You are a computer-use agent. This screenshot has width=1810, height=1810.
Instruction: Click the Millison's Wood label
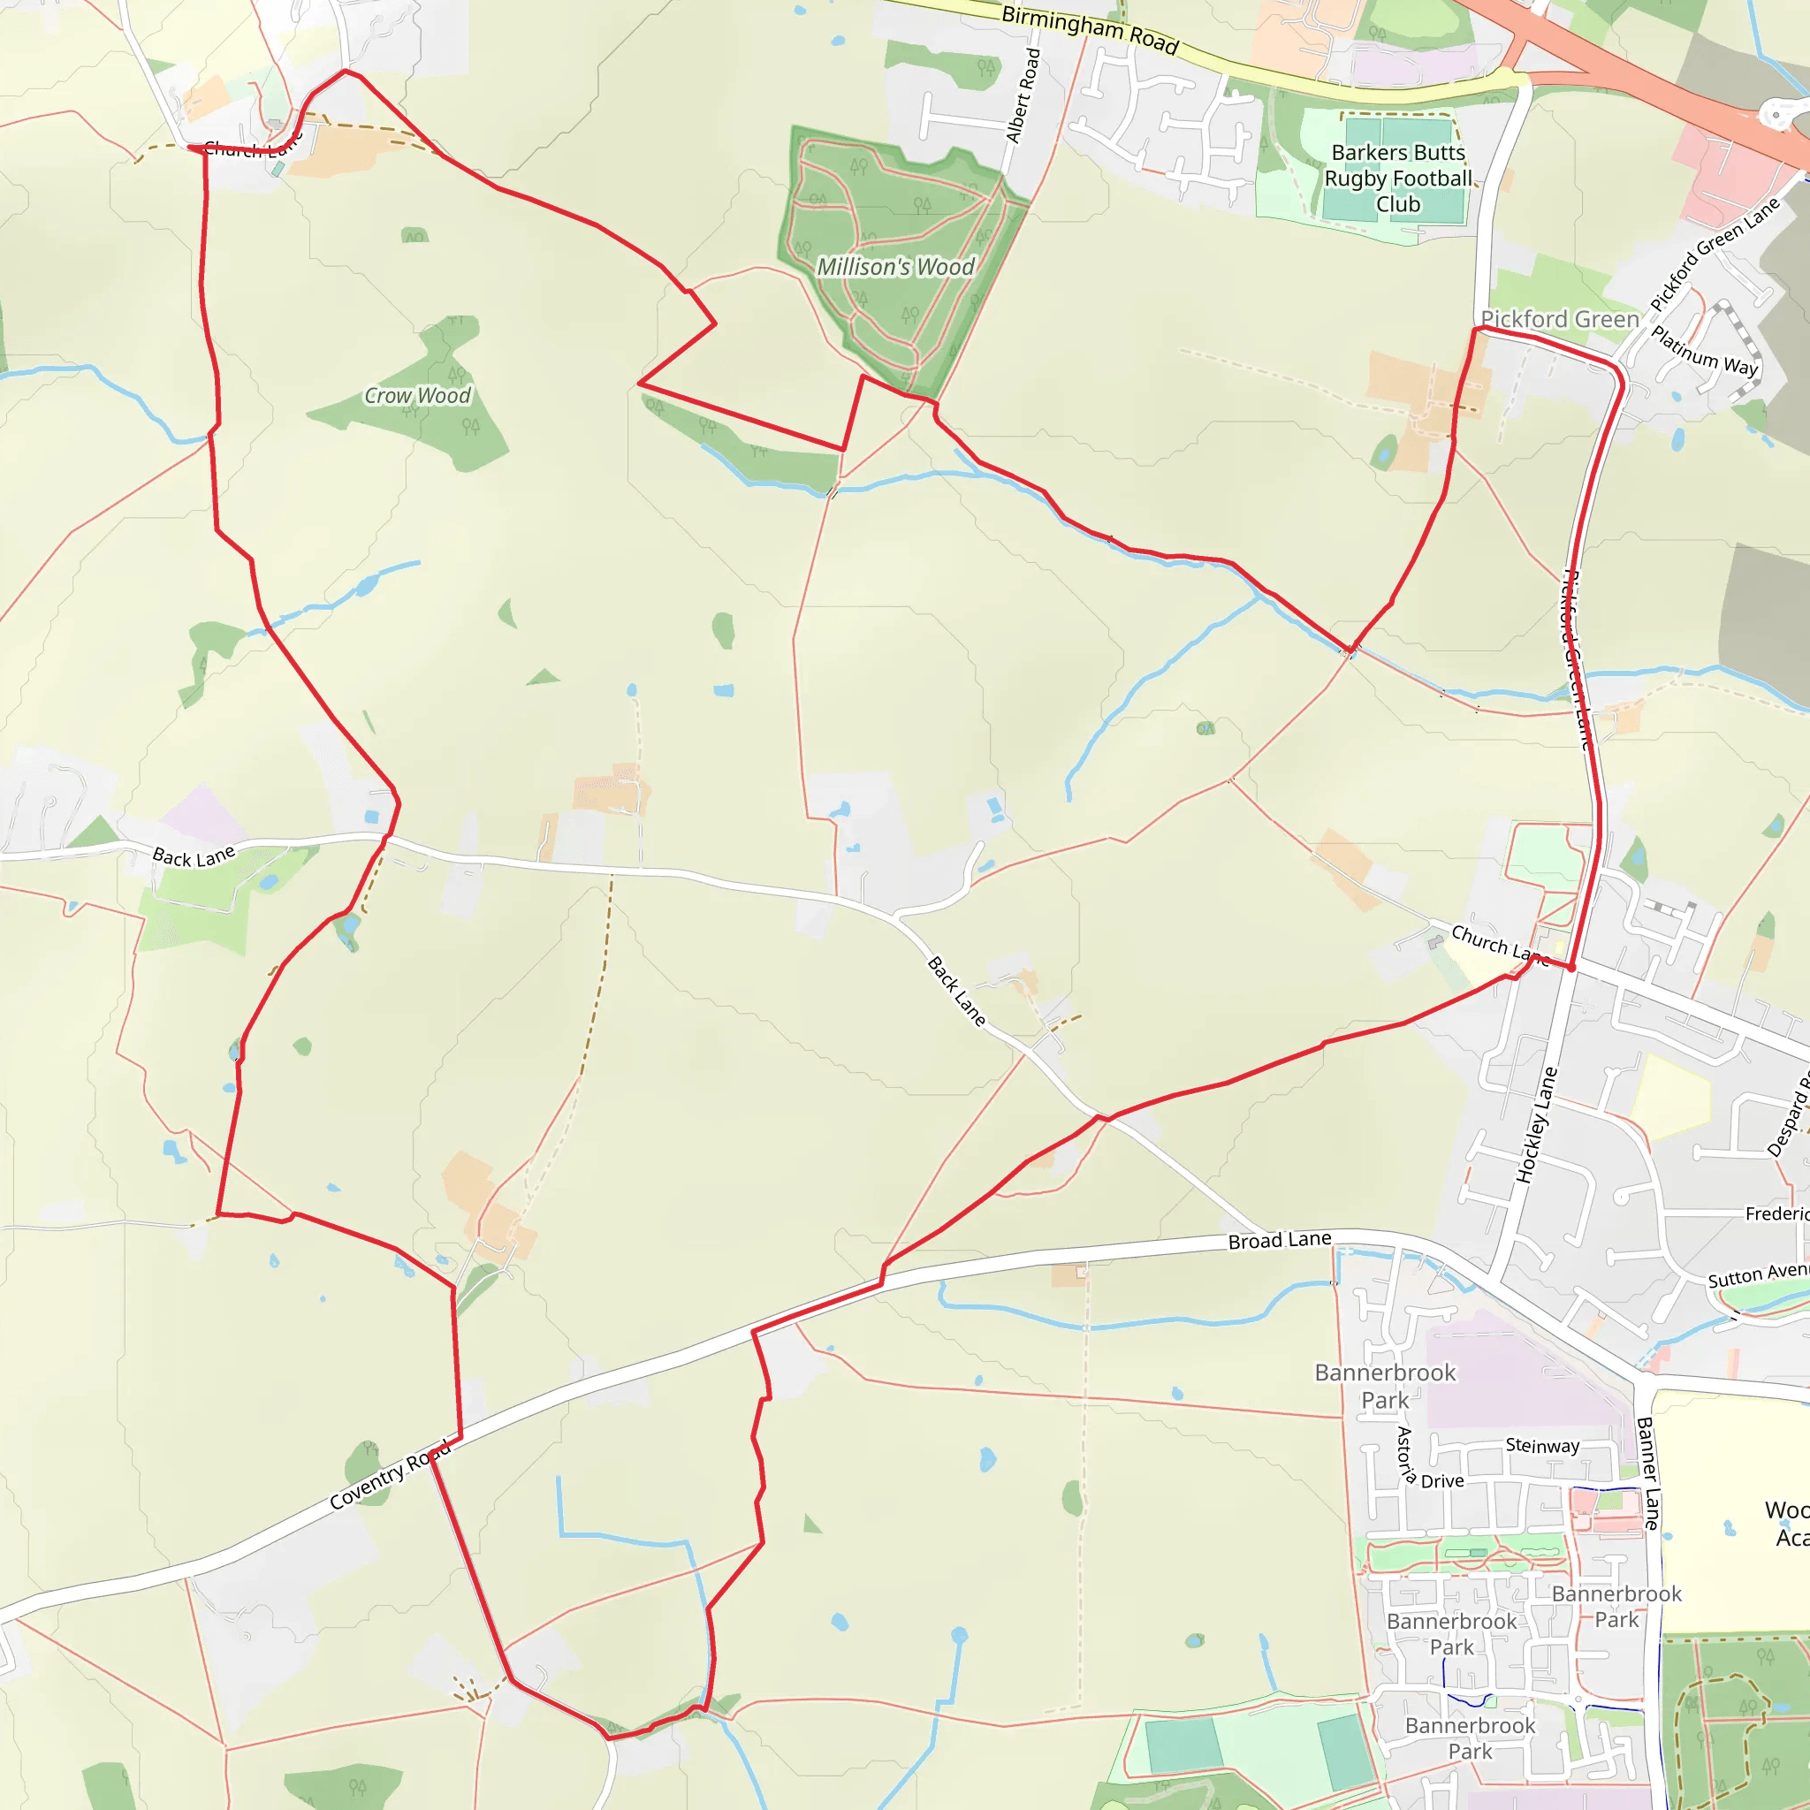pyautogui.click(x=895, y=267)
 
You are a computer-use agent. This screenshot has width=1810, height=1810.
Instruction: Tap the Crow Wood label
pyautogui.click(x=417, y=395)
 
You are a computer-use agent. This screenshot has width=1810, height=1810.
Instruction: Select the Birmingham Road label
pyautogui.click(x=1090, y=29)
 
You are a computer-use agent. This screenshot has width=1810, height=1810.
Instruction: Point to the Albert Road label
pyautogui.click(x=1023, y=95)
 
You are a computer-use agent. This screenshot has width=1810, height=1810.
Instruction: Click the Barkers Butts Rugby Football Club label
pyautogui.click(x=1398, y=178)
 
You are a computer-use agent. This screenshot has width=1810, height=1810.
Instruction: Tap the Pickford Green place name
pyautogui.click(x=1560, y=319)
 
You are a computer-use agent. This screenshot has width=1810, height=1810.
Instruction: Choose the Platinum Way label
pyautogui.click(x=1704, y=352)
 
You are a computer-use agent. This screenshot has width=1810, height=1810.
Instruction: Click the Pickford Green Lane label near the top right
pyautogui.click(x=1714, y=255)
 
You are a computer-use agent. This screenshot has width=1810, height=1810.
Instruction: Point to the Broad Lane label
pyautogui.click(x=1279, y=1240)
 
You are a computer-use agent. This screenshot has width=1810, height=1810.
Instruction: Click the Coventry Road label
pyautogui.click(x=390, y=1476)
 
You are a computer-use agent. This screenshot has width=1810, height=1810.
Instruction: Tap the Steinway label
pyautogui.click(x=1542, y=1446)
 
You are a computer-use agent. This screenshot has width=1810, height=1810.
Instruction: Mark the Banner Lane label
pyautogui.click(x=1648, y=1473)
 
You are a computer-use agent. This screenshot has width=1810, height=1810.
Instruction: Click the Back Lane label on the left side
pyautogui.click(x=194, y=856)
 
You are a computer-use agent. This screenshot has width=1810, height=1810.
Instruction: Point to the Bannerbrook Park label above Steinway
pyautogui.click(x=1385, y=1387)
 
